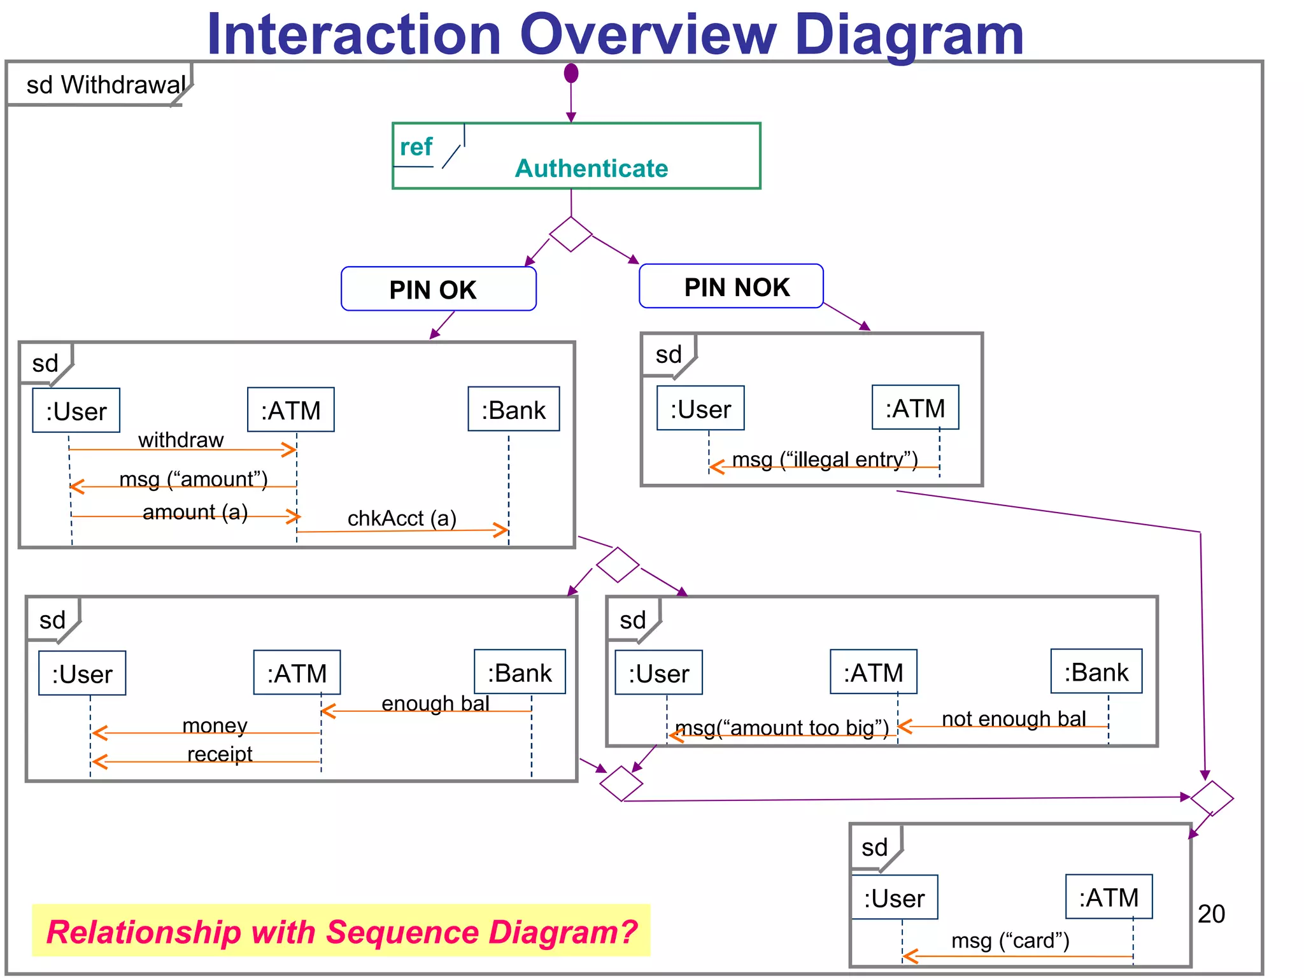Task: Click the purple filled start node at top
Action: pos(571,73)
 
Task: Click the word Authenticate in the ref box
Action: pos(591,169)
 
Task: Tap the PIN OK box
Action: pos(438,289)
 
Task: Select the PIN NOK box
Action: pos(731,287)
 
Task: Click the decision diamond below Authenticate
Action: pos(570,234)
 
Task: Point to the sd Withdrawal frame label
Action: pos(105,85)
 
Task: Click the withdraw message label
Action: pos(181,440)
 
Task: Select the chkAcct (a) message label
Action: pos(402,518)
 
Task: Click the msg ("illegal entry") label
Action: pos(825,459)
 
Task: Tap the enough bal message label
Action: pos(436,703)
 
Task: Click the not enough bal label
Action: pos(1014,718)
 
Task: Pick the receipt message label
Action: pos(220,754)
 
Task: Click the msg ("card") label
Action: pos(1010,940)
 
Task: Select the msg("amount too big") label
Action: pos(781,727)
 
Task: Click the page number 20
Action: pos(1211,914)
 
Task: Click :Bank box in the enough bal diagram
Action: pos(520,672)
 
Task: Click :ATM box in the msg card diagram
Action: pos(1109,897)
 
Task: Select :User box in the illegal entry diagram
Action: pos(700,409)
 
